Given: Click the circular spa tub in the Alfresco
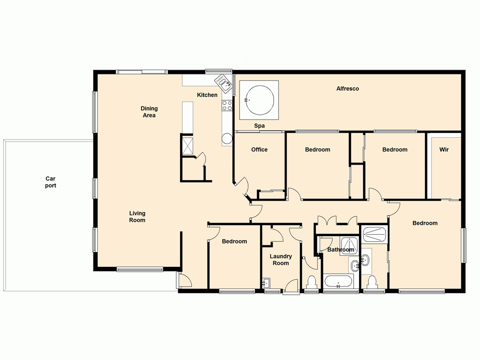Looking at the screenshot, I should (x=259, y=100).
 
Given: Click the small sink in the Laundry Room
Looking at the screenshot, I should (x=267, y=283).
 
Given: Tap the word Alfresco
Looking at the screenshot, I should (x=348, y=89).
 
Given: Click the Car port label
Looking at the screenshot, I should (x=50, y=182).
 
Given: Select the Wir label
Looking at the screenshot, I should (x=444, y=150).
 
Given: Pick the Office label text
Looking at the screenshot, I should (x=259, y=150).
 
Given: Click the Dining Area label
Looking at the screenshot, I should (x=149, y=112).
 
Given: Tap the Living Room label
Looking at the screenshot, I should (x=137, y=216).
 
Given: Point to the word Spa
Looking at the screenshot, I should (x=260, y=126).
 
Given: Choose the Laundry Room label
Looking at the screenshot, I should (x=281, y=260).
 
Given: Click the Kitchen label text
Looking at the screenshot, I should (x=207, y=95).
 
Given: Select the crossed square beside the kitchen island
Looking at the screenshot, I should (x=187, y=145).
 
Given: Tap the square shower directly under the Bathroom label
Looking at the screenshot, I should (x=349, y=245).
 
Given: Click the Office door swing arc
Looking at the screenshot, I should (x=243, y=185).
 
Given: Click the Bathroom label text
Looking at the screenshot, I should (x=341, y=250).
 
